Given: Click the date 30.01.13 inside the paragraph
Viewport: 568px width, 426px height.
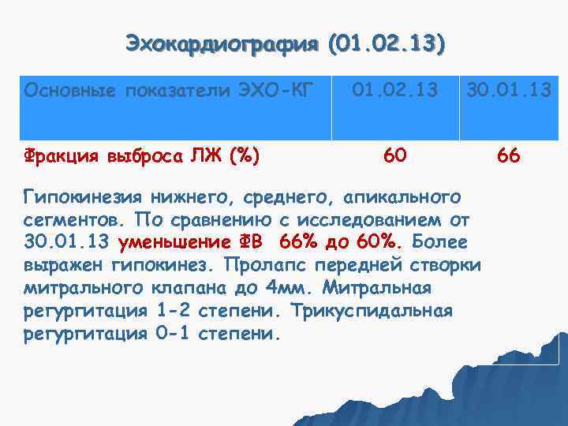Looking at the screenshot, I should coord(69,241).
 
